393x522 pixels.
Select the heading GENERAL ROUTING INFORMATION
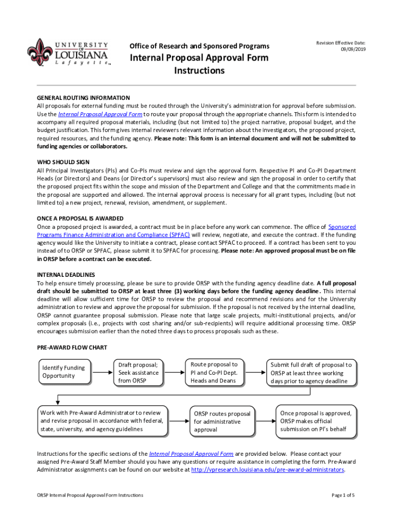pyautogui.click(x=83, y=97)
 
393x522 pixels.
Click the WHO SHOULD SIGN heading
pyautogui.click(x=63, y=162)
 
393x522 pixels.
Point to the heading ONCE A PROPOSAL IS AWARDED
pyautogui.click(x=80, y=218)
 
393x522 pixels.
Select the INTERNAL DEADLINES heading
pyautogui.click(x=66, y=275)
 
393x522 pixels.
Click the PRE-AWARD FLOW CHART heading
pyautogui.click(x=72, y=348)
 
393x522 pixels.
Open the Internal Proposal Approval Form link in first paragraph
pyautogui.click(x=100, y=114)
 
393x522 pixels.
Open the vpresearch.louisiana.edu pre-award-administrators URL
pyautogui.click(x=267, y=469)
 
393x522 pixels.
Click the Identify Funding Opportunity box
pyautogui.click(x=63, y=372)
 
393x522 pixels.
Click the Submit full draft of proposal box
pyautogui.click(x=311, y=373)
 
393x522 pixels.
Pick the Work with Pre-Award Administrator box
pyautogui.click(x=102, y=421)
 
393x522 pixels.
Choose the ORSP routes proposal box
pyautogui.click(x=222, y=422)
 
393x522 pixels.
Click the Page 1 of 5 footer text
pyautogui.click(x=343, y=495)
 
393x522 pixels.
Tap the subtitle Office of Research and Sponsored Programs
pyautogui.click(x=200, y=46)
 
